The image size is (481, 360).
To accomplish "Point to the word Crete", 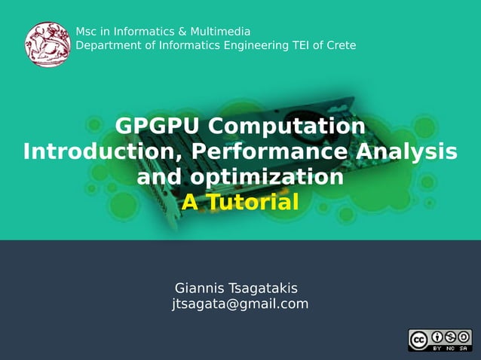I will (341, 45).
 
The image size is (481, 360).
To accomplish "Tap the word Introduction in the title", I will (103, 151).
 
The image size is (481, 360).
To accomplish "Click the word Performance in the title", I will (270, 151).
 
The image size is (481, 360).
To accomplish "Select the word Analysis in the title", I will (406, 151).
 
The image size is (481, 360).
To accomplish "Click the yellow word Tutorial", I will (253, 202).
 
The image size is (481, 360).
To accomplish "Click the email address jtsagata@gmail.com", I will (240, 304).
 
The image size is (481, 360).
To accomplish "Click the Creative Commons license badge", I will (440, 340).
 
